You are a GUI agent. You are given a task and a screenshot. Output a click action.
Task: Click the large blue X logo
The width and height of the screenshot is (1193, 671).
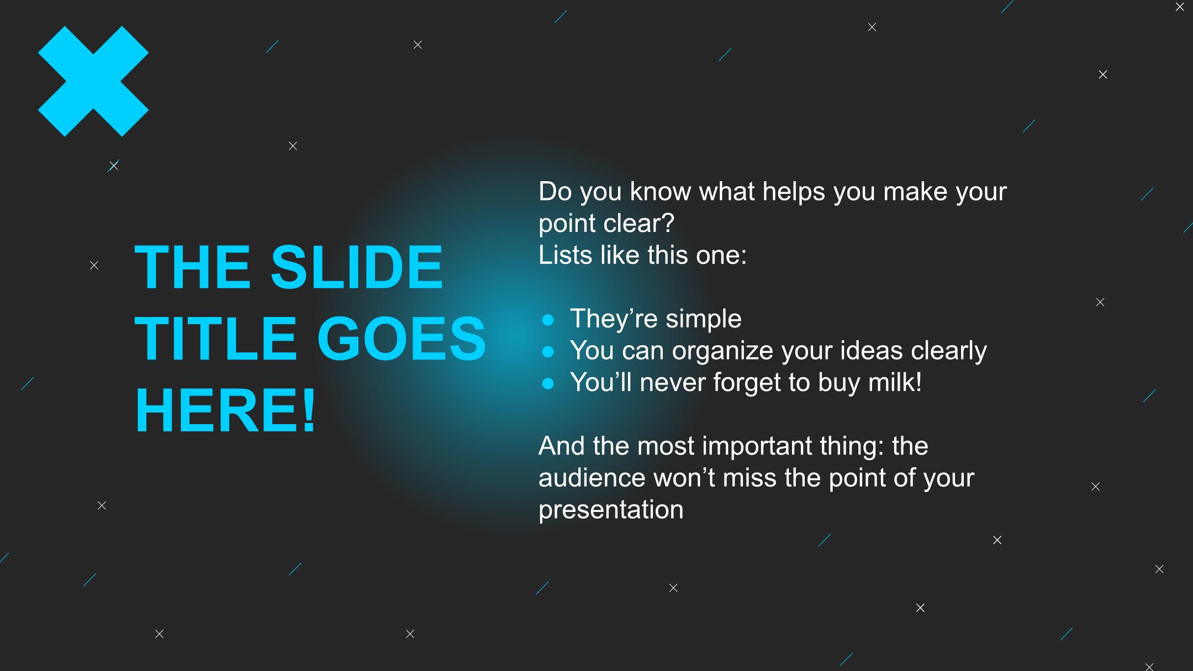[x=93, y=81]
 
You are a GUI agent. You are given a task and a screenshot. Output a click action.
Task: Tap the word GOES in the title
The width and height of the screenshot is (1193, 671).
[x=402, y=339]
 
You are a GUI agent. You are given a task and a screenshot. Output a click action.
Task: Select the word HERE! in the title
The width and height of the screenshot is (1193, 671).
[x=225, y=410]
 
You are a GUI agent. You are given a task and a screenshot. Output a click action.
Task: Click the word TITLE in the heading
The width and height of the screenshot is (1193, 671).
[x=216, y=339]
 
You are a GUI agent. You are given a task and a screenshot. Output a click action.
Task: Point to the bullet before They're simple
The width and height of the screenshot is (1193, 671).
[x=548, y=320]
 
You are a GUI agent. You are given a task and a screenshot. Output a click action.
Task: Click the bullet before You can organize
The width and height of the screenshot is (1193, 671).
[x=548, y=351]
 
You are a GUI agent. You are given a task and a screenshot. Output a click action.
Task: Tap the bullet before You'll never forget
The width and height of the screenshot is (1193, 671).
[x=548, y=383]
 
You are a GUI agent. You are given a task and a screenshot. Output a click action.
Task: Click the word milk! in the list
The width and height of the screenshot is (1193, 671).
[x=895, y=382]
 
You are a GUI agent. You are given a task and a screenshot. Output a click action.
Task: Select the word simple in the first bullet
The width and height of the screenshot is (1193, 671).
[x=703, y=319]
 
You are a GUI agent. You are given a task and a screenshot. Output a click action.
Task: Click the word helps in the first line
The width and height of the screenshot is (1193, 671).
[x=794, y=192]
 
